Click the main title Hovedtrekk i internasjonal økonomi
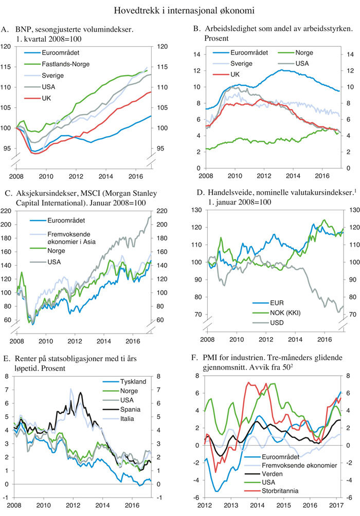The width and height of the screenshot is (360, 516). [179, 9]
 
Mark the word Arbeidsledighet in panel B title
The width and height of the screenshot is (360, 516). [226, 30]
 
